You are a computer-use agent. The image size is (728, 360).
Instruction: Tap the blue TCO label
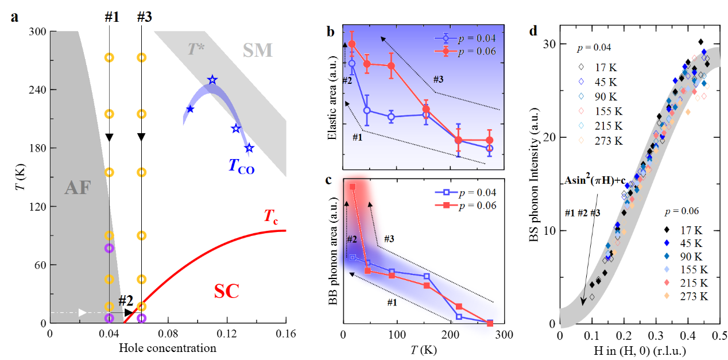click(x=241, y=167)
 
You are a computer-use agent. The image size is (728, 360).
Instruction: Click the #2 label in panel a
click(x=126, y=300)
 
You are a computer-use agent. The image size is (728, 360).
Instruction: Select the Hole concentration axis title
click(x=167, y=348)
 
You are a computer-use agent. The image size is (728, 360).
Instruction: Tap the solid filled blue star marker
click(x=190, y=109)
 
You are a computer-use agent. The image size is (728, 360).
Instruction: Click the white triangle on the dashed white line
click(x=83, y=312)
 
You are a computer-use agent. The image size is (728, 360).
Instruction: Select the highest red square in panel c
click(x=353, y=187)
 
